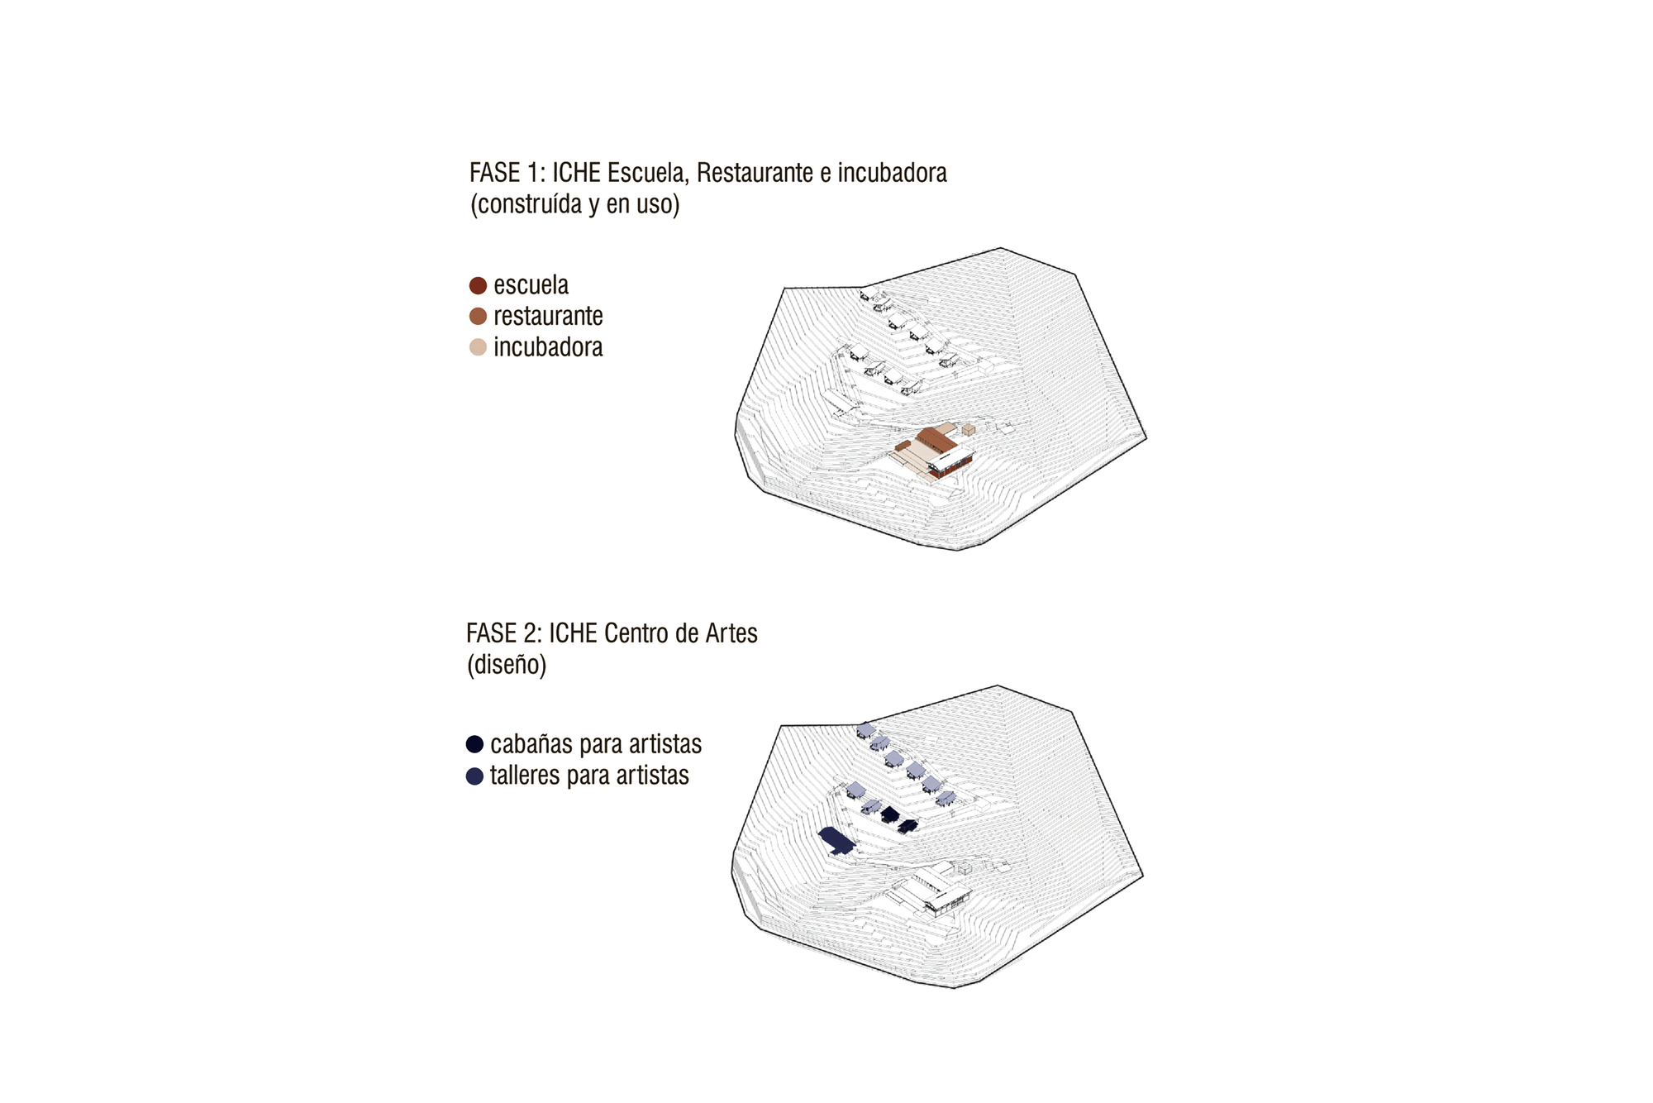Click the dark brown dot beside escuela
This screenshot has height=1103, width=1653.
coord(478,286)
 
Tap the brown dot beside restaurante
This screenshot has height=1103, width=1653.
coord(478,317)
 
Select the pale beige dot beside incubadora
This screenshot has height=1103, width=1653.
coord(478,347)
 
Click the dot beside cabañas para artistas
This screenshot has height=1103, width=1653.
coord(474,745)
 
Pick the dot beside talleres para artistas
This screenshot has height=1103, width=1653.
coord(474,776)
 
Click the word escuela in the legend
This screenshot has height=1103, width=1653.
coord(531,285)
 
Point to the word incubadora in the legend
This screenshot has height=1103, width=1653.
coord(548,347)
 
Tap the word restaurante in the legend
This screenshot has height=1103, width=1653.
coord(548,317)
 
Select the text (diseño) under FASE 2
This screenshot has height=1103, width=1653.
coord(507,666)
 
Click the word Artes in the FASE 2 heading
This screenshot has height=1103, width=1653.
coord(731,633)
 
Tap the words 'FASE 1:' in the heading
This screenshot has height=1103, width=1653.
coord(507,173)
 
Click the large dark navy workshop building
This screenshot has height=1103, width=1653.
coord(836,841)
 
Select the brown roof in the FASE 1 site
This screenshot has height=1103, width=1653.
coord(936,439)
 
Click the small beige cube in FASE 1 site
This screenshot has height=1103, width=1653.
coord(969,430)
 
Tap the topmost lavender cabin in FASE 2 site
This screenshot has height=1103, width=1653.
coord(865,730)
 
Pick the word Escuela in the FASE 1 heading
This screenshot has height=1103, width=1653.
coord(649,174)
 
